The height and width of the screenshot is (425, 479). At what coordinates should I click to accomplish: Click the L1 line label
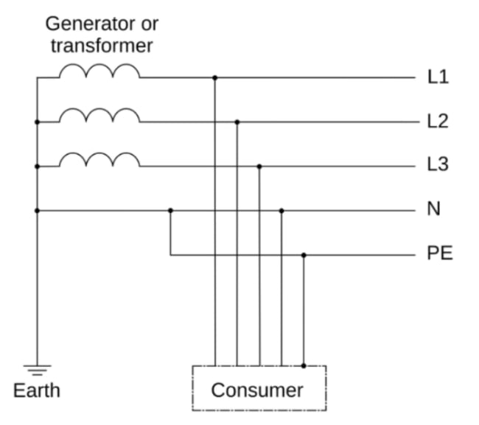tap(438, 77)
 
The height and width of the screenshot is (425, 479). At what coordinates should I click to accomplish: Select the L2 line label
tap(438, 122)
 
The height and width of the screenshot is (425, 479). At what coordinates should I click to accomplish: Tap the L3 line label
tap(438, 165)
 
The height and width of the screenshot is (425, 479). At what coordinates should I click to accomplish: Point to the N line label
tap(433, 210)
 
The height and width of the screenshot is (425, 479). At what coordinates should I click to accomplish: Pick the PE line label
tap(440, 254)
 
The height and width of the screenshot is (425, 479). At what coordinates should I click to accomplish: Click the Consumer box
tap(258, 389)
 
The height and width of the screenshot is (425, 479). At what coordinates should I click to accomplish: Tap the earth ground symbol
tap(37, 369)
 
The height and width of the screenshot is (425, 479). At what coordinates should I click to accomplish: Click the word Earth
tap(37, 390)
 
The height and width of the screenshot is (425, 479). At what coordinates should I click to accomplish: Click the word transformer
tap(102, 46)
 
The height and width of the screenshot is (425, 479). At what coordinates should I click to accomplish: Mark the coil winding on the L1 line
tap(99, 71)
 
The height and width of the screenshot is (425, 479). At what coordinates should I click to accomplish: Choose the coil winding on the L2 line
tap(99, 116)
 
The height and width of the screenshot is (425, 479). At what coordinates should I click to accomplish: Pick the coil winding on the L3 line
tap(99, 161)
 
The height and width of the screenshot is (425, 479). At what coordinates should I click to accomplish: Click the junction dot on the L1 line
tap(214, 77)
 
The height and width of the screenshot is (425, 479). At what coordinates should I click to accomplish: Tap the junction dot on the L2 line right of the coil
tap(237, 122)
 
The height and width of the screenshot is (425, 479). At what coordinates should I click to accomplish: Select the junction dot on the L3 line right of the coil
tap(259, 166)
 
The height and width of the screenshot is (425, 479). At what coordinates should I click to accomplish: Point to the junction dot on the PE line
tap(304, 255)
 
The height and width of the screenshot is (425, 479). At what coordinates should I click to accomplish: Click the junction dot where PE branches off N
tap(170, 211)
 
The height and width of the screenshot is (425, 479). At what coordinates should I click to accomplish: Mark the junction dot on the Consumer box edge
tap(304, 365)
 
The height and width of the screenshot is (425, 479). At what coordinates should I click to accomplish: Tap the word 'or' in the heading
tap(150, 23)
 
